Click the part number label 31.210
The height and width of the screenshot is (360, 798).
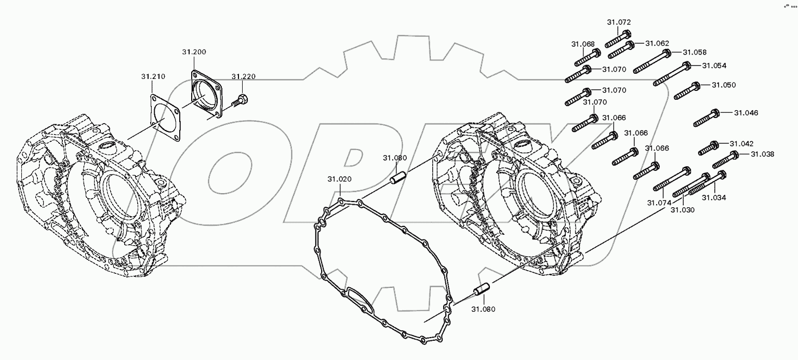point(153,76)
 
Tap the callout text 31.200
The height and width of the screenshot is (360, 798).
point(194,52)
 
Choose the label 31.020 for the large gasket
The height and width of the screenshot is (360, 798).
point(339,179)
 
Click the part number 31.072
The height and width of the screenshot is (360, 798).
point(619,22)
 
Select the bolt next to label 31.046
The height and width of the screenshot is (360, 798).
point(706,118)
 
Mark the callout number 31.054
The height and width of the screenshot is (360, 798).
point(714,65)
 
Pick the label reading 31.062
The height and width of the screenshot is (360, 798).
point(657,44)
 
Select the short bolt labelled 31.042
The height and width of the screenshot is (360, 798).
point(708,148)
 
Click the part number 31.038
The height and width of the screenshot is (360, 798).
point(762,154)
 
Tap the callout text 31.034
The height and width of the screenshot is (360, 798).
point(714,197)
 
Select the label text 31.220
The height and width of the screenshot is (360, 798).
point(244,76)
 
